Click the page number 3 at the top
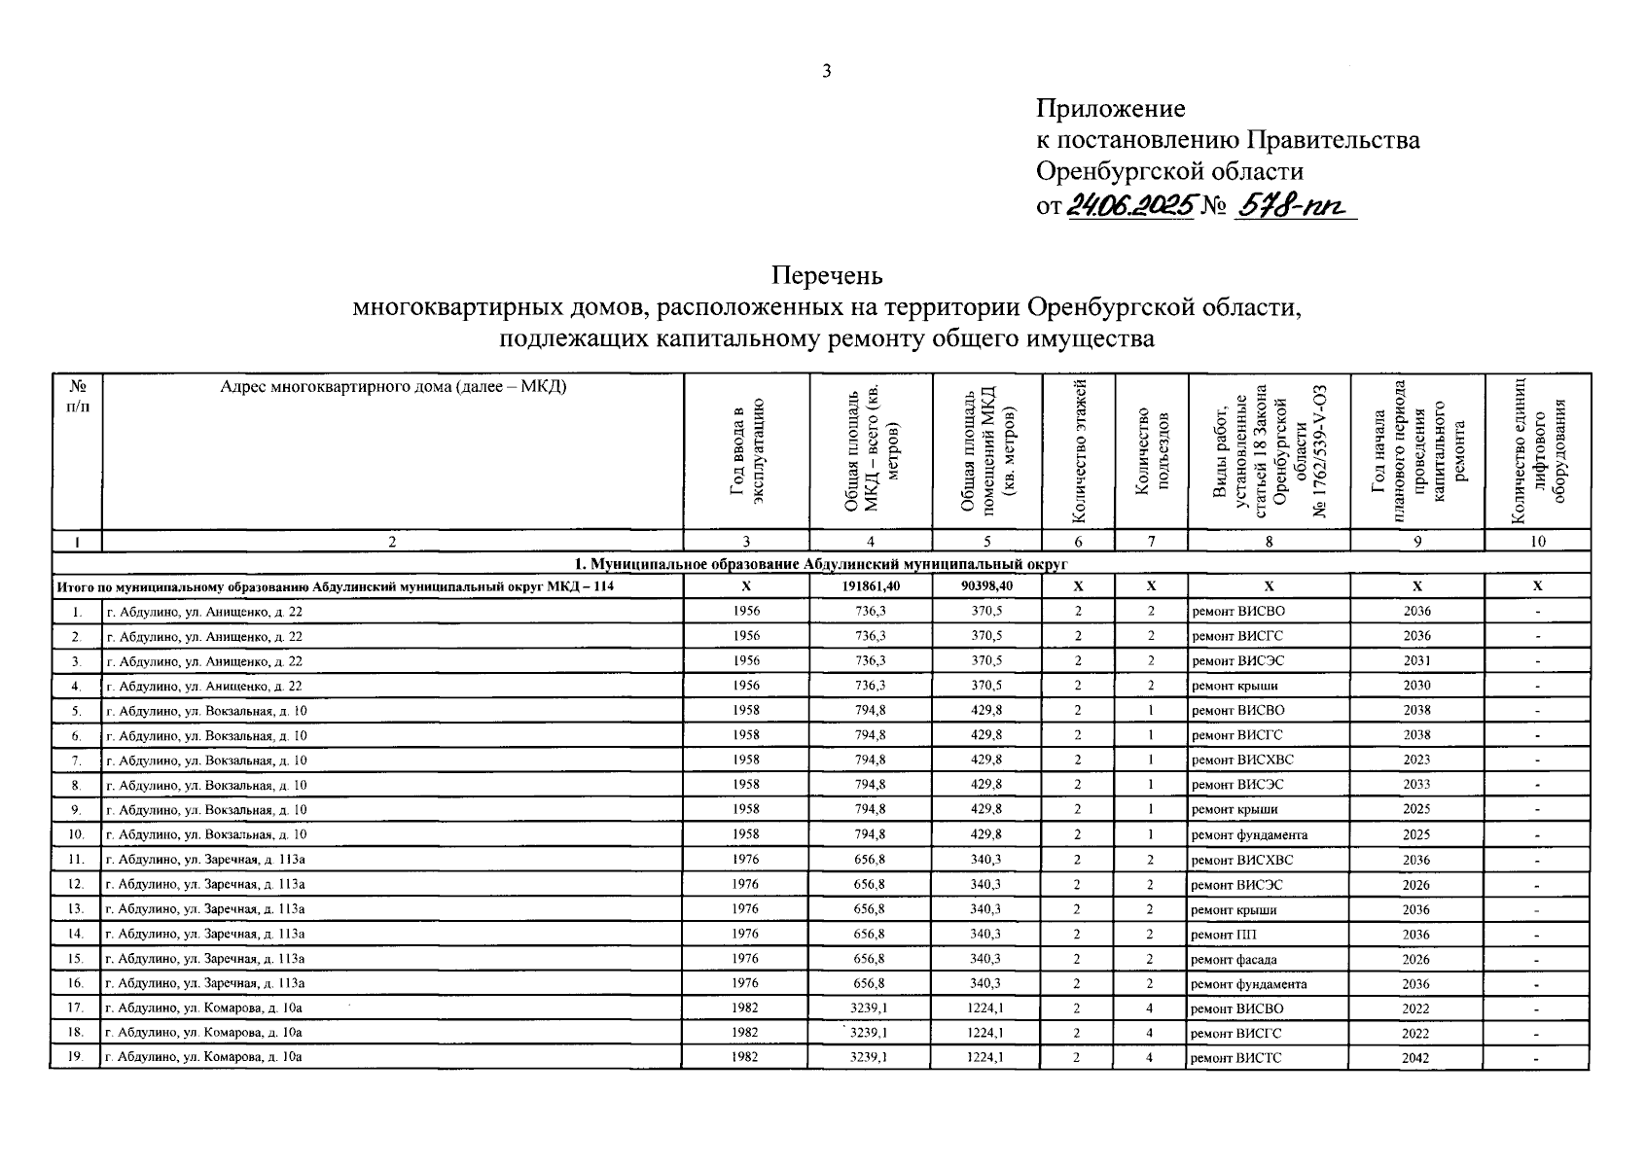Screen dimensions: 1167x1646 [826, 70]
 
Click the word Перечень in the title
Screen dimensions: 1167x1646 [828, 276]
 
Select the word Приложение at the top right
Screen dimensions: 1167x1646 [1110, 109]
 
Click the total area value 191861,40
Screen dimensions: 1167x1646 [870, 586]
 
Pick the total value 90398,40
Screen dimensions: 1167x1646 [986, 586]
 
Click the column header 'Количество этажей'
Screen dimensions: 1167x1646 [1077, 452]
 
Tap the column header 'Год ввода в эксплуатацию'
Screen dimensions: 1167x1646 [747, 452]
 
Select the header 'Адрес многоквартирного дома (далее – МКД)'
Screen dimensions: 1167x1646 [393, 386]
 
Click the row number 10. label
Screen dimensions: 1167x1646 [76, 834]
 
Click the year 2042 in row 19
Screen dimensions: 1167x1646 [1416, 1058]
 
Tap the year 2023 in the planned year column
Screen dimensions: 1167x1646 [1416, 760]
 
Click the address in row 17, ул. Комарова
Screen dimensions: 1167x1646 [204, 1008]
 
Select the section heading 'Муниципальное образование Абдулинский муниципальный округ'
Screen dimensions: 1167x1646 [820, 563]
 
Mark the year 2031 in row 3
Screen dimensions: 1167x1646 [1416, 661]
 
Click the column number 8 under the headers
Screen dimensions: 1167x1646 [1269, 542]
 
